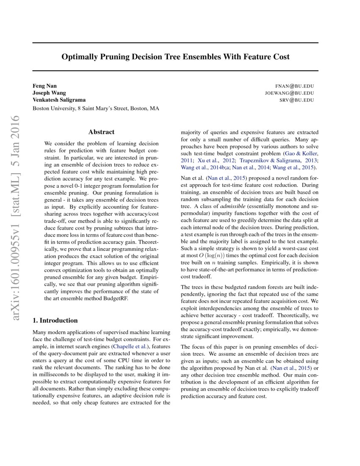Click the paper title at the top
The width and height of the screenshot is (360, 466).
pos(175,57)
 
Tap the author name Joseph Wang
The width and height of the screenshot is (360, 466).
pos(49,93)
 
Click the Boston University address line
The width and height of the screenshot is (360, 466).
pos(96,108)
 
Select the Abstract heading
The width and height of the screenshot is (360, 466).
pos(102,132)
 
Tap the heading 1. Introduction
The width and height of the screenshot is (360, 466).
pos(55,320)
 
